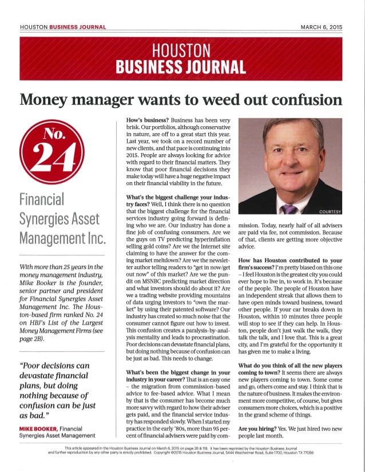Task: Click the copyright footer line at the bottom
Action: pos(182,454)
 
